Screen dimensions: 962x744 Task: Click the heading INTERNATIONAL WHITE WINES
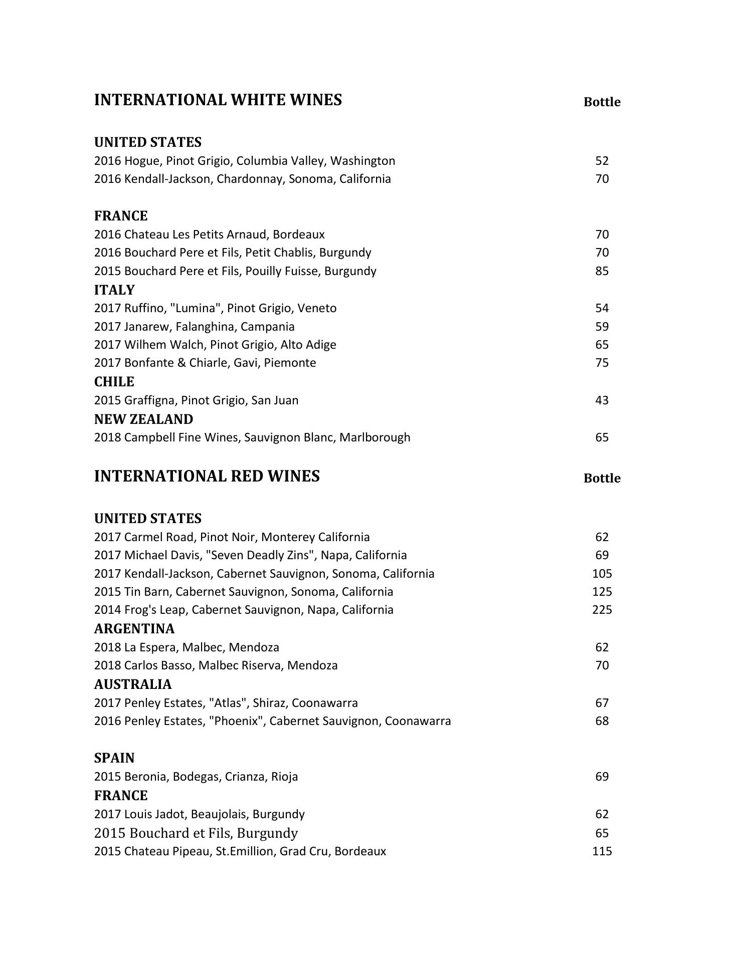(x=218, y=100)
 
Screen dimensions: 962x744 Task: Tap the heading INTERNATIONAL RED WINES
(x=207, y=476)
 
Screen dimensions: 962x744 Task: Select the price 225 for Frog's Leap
(x=602, y=610)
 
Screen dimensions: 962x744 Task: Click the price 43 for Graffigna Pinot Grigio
(x=602, y=400)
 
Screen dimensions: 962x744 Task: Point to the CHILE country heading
(x=114, y=382)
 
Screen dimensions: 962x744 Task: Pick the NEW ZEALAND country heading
(x=143, y=419)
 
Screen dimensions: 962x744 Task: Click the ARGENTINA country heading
(x=134, y=629)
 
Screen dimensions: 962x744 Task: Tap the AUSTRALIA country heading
(x=133, y=684)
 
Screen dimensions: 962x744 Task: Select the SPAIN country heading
(x=114, y=758)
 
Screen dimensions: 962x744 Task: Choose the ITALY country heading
(x=114, y=290)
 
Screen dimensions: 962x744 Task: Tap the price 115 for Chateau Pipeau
(x=602, y=851)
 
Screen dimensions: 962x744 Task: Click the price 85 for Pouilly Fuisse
(x=602, y=271)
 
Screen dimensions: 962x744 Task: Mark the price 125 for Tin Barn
(x=602, y=592)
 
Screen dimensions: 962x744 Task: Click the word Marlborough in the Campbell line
(x=375, y=437)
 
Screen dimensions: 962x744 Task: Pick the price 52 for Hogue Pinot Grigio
(x=602, y=161)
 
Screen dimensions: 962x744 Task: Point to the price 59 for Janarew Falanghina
(x=602, y=327)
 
